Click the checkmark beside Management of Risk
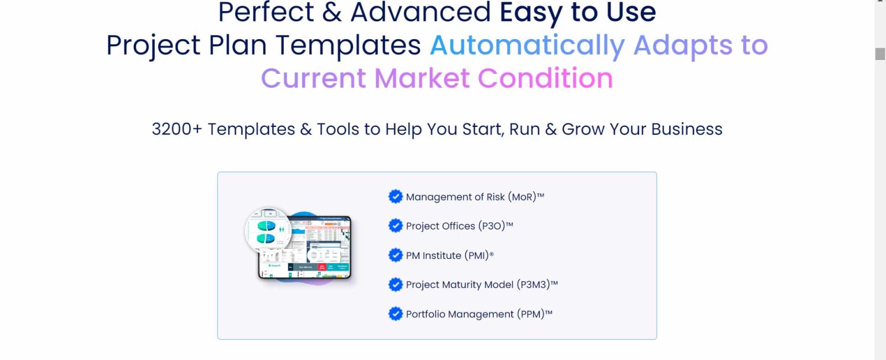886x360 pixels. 395,197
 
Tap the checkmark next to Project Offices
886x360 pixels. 395,226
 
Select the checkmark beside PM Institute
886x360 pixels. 395,255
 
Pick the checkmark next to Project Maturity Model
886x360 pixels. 395,284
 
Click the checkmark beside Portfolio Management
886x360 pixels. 395,314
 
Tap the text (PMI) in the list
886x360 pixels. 474,256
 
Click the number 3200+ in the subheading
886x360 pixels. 177,129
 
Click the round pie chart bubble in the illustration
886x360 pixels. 268,230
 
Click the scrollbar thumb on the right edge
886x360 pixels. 880,54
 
